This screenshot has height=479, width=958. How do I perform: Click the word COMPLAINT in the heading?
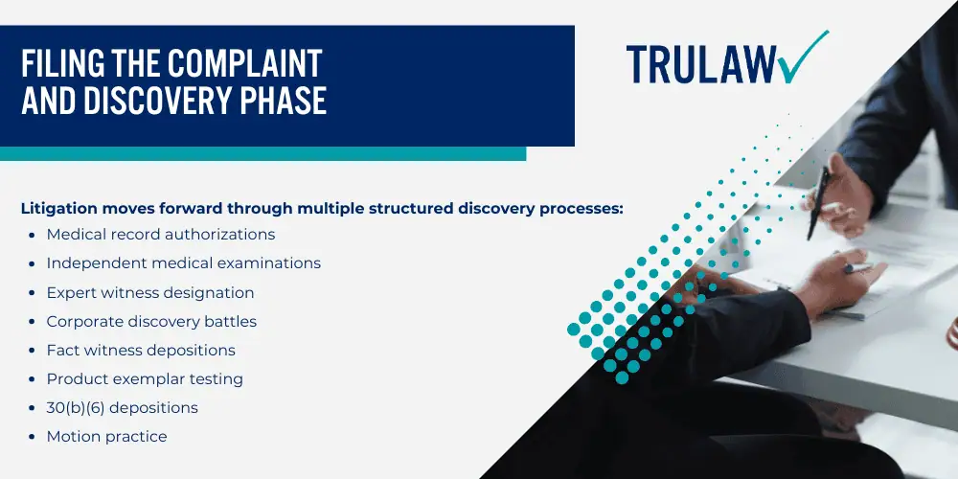pyautogui.click(x=247, y=63)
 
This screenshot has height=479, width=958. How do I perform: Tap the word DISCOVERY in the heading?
pyautogui.click(x=158, y=101)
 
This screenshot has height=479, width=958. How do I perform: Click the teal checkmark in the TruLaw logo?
pyautogui.click(x=803, y=58)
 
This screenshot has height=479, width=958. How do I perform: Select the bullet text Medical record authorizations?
pyautogui.click(x=161, y=234)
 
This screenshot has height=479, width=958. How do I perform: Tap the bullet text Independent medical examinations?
pyautogui.click(x=184, y=263)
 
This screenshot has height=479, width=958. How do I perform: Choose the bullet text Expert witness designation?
pyautogui.click(x=150, y=292)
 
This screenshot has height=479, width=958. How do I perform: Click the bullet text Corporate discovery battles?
pyautogui.click(x=151, y=321)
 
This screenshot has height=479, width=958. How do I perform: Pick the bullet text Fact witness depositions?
pyautogui.click(x=141, y=350)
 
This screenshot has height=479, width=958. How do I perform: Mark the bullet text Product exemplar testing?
pyautogui.click(x=145, y=378)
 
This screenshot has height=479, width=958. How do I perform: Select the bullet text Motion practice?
pyautogui.click(x=107, y=436)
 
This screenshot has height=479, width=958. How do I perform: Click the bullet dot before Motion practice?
pyautogui.click(x=32, y=438)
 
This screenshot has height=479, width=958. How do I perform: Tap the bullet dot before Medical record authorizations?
pyautogui.click(x=32, y=236)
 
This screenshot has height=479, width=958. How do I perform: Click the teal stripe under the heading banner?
pyautogui.click(x=262, y=153)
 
